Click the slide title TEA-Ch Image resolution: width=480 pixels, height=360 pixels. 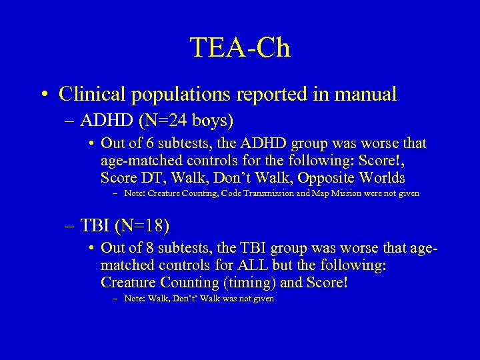[240, 48]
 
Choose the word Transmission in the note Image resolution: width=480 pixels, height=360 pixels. [269, 194]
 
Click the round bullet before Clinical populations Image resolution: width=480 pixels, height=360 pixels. [42, 94]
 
